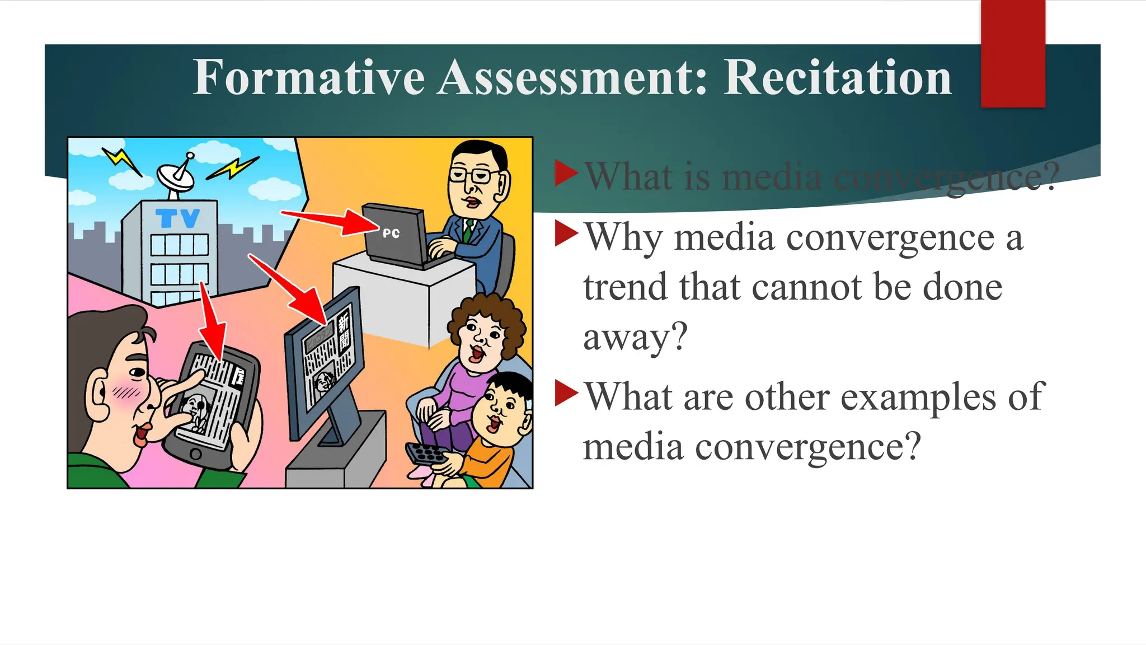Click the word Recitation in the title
point(837,78)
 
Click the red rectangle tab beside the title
point(1013,54)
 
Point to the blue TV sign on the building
point(177,218)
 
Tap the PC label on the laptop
point(391,233)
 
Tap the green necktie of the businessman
point(468,230)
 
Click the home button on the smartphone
point(195,454)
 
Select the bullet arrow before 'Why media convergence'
point(566,233)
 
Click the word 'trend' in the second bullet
point(626,287)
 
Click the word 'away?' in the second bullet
point(635,337)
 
